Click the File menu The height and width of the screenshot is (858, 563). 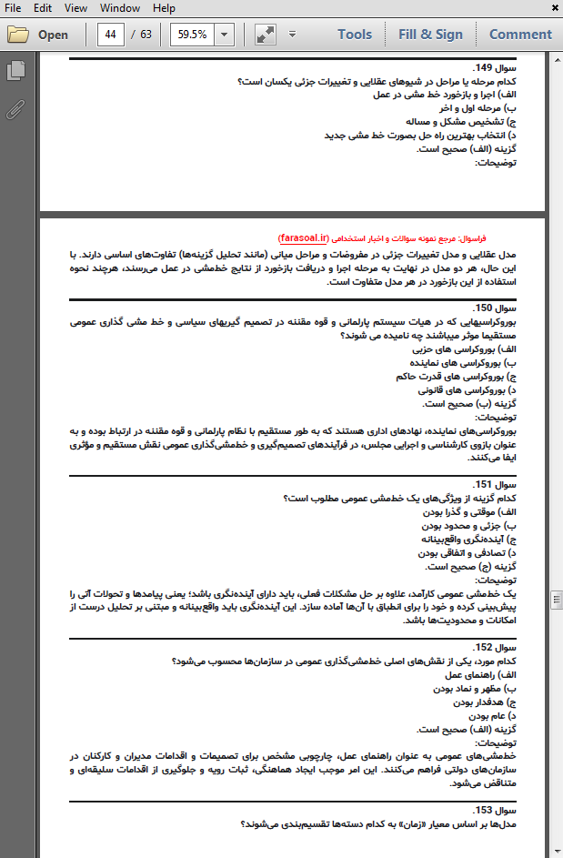[x=13, y=8]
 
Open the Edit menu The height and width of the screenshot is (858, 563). [x=42, y=8]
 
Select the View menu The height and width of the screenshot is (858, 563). [x=75, y=8]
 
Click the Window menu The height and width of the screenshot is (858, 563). [x=120, y=8]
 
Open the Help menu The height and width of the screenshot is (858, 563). [x=164, y=8]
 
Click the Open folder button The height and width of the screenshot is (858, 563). [x=38, y=35]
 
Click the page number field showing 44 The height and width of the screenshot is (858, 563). [x=112, y=35]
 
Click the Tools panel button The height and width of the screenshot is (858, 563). [x=354, y=35]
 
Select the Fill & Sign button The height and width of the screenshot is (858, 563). [x=430, y=35]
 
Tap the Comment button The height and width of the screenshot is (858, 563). [x=520, y=35]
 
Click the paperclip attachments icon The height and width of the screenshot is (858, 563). [x=15, y=110]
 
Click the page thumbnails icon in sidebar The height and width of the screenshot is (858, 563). [x=15, y=71]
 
